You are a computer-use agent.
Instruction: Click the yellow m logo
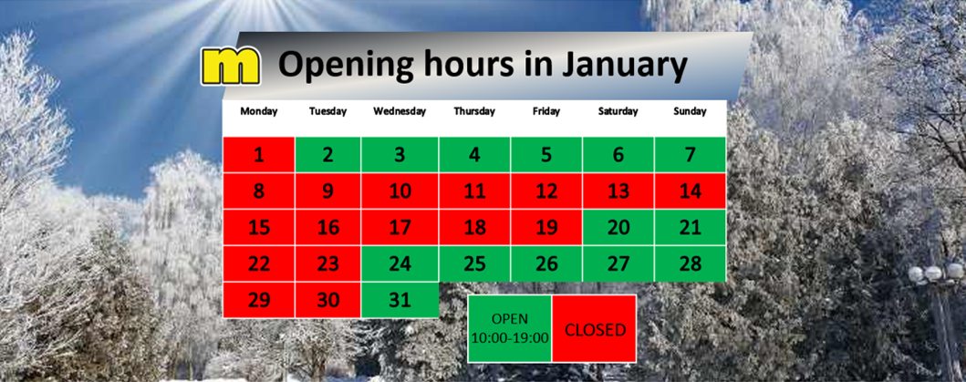click(231, 66)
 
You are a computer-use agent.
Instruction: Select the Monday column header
click(259, 111)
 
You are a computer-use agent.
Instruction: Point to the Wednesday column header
click(400, 111)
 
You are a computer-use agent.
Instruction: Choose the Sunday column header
click(690, 111)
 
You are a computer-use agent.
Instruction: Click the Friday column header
click(546, 111)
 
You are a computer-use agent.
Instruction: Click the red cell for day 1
click(259, 155)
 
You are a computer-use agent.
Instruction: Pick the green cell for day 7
click(690, 155)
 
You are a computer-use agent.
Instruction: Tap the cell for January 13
click(618, 191)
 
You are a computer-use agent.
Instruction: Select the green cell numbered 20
click(618, 227)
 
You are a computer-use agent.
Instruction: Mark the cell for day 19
click(545, 227)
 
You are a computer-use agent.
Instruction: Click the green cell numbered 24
click(400, 263)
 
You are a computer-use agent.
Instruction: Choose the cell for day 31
click(400, 300)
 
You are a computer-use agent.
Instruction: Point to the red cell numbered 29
click(259, 300)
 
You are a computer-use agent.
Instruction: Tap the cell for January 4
click(473, 155)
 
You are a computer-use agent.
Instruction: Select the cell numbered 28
click(690, 263)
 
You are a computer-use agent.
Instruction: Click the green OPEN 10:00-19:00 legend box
click(510, 328)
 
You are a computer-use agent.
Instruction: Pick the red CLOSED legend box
click(595, 328)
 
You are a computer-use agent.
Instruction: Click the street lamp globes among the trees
click(935, 273)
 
